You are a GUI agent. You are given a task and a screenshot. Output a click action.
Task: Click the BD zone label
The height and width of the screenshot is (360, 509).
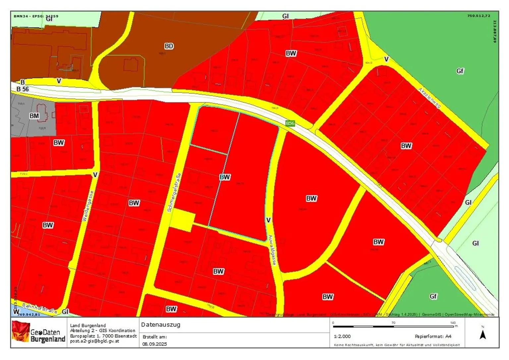pos(169,46)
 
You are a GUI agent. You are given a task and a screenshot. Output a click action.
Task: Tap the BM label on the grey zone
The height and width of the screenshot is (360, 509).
pos(34,116)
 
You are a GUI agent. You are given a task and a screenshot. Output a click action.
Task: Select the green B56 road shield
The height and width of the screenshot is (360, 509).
pos(290,123)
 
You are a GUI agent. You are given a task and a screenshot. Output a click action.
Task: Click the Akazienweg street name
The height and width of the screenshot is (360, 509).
pos(429,98)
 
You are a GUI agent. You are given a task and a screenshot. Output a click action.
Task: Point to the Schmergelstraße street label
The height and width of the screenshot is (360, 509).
pos(174,192)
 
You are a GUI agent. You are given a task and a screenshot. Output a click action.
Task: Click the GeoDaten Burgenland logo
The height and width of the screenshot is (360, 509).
pos(38,332)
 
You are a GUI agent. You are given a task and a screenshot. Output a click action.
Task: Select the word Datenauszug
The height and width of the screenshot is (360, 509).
pos(161,325)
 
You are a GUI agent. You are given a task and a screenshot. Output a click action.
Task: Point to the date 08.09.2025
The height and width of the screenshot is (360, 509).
pos(155,344)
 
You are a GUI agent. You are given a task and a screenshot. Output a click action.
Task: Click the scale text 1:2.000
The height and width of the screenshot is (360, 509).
pos(342,336)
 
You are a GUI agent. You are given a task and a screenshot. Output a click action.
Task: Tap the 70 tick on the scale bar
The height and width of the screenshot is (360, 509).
pos(393,323)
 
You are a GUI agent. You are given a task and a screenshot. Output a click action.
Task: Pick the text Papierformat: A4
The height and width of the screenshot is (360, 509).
pos(433,336)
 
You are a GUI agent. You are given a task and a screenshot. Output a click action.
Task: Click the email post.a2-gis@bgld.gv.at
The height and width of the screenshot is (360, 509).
pos(94,341)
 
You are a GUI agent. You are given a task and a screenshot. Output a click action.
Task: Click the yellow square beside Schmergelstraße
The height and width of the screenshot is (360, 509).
pos(182,220)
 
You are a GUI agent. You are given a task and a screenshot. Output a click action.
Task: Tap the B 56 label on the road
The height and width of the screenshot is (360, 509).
pos(23,89)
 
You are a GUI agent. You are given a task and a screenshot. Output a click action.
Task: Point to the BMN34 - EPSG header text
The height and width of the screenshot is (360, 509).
pos(36,16)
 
